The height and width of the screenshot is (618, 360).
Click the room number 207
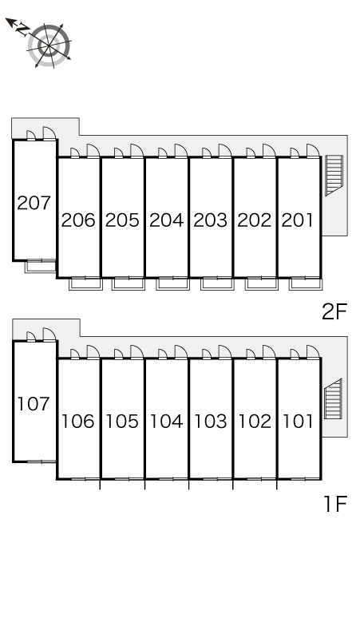coord(34,203)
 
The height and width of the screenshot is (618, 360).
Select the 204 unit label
coord(167,220)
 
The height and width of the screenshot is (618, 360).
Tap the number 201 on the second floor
coord(298,220)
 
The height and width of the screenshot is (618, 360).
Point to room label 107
coord(34,404)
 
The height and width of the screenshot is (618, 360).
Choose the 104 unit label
coord(167,422)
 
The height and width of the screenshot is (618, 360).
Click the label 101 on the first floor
coord(299,422)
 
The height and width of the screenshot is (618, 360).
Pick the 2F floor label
coord(334,312)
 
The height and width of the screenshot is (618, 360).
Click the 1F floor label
coord(335,504)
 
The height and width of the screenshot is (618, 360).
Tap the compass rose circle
coord(49,46)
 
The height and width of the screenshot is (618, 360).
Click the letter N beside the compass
coord(23,29)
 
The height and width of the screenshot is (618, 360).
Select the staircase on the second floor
coord(334,176)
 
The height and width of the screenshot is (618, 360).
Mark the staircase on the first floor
coord(333,399)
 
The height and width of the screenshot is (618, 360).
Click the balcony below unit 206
coord(85,283)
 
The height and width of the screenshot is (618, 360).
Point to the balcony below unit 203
coord(217,283)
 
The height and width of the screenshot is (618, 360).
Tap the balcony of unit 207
coord(40,266)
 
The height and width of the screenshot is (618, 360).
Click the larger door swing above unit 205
coord(136,151)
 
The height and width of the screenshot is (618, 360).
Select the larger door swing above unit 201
coord(313,151)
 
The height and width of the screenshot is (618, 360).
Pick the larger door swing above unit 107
coord(49,335)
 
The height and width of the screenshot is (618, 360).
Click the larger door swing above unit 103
coord(225,351)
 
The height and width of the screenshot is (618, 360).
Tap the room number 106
coord(78,422)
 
